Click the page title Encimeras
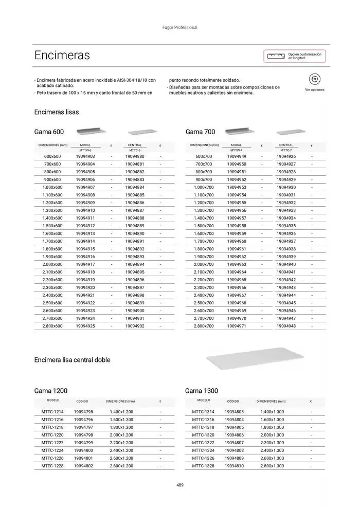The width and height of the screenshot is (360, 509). click(62, 55)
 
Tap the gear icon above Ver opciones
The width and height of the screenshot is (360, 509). click(315, 79)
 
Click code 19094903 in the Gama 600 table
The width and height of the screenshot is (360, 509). click(85, 156)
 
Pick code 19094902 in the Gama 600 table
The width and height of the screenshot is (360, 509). click(135, 326)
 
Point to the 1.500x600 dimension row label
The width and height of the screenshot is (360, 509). click(52, 226)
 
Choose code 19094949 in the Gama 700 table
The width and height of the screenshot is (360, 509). click(237, 156)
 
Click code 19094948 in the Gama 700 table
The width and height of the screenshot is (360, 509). click(286, 326)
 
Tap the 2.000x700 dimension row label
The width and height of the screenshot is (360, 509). click(204, 264)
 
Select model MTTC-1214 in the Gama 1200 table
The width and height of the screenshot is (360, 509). click(52, 412)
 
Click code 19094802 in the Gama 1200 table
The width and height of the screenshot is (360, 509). click(83, 466)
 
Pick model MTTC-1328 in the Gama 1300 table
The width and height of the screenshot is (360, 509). click(203, 466)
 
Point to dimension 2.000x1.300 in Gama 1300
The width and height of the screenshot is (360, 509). click(272, 435)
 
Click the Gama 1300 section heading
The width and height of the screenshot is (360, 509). click(202, 391)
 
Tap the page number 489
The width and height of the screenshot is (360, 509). click(180, 485)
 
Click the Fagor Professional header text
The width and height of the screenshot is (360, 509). click(180, 27)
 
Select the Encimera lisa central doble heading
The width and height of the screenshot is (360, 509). click(72, 360)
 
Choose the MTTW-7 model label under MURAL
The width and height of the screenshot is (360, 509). click(237, 150)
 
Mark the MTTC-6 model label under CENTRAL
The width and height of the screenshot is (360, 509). click(135, 150)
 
